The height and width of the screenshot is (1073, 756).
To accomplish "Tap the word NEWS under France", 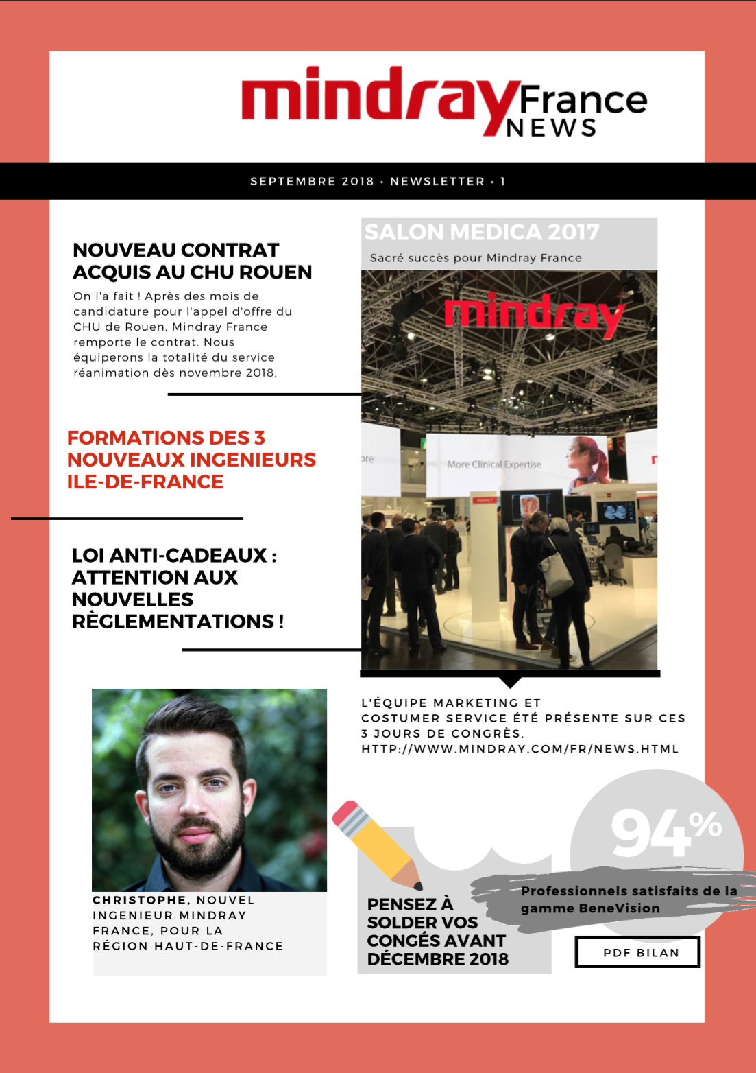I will (x=551, y=128).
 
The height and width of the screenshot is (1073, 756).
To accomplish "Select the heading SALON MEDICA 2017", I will (x=482, y=233).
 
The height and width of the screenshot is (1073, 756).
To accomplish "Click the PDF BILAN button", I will (x=637, y=953).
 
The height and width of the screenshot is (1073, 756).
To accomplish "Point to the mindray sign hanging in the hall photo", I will (x=534, y=315).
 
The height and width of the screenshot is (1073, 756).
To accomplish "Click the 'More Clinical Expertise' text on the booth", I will (x=494, y=464).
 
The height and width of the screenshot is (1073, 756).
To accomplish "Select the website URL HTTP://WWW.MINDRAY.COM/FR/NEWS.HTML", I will (x=520, y=749).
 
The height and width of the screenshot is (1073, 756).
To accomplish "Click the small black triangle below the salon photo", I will (x=509, y=681).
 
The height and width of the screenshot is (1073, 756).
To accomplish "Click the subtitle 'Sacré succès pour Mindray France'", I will (x=476, y=258).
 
